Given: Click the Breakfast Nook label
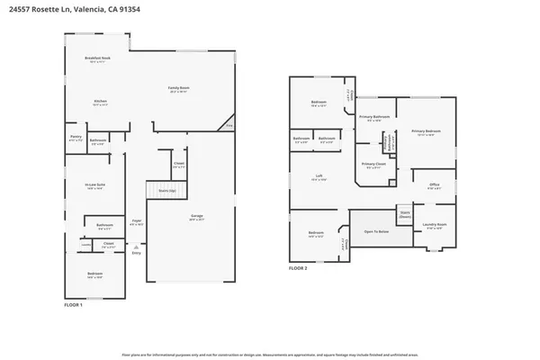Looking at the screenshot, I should [98, 59].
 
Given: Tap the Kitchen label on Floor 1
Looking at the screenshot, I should [101, 102].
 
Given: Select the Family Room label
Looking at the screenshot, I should [179, 88].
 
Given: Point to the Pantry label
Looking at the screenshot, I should [76, 138].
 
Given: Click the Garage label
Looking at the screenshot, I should [196, 216].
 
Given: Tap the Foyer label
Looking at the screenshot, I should [138, 221].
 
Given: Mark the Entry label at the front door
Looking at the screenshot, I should [137, 253].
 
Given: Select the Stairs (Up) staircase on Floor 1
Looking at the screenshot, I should [166, 191].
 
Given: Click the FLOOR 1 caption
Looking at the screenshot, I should [73, 306].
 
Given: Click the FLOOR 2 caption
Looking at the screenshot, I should [298, 268].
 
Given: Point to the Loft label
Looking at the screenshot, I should [319, 176].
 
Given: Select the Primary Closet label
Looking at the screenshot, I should [373, 165].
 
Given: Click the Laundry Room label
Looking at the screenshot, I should [436, 227].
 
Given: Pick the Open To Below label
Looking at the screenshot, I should [376, 231].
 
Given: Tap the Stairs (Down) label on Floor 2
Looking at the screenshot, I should [405, 216].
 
